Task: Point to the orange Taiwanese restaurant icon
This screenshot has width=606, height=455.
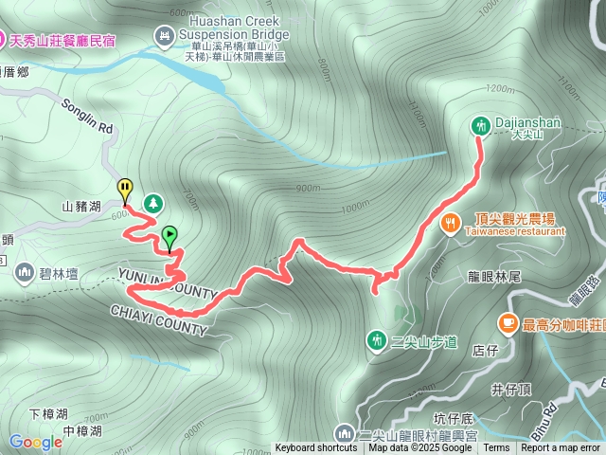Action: point(451,224)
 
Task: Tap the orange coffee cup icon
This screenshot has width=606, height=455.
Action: point(508,324)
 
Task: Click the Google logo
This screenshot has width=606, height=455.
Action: point(35,442)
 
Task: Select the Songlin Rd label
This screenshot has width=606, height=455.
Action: point(87,115)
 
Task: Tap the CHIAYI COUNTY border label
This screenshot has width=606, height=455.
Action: point(157,319)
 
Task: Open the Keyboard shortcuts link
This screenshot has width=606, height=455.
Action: point(316,448)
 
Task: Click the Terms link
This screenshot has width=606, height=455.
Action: point(496,448)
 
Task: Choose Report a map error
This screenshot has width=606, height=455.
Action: point(560,448)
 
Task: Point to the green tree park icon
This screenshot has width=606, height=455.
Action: point(151,203)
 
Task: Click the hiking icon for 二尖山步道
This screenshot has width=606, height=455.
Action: point(377,339)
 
